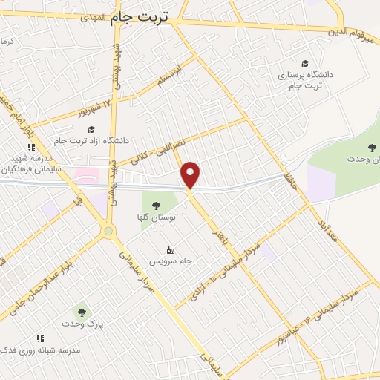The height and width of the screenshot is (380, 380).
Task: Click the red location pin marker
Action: (x=191, y=174)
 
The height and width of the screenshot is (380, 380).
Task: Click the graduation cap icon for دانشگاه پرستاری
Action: (x=304, y=63)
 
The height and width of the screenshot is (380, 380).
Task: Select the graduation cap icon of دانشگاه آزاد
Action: (x=91, y=130)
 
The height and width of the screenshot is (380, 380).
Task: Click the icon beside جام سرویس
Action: (x=170, y=250)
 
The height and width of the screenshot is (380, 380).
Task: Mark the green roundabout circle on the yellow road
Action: (x=110, y=232)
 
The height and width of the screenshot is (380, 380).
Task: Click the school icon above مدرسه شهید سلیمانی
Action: (x=31, y=147)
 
